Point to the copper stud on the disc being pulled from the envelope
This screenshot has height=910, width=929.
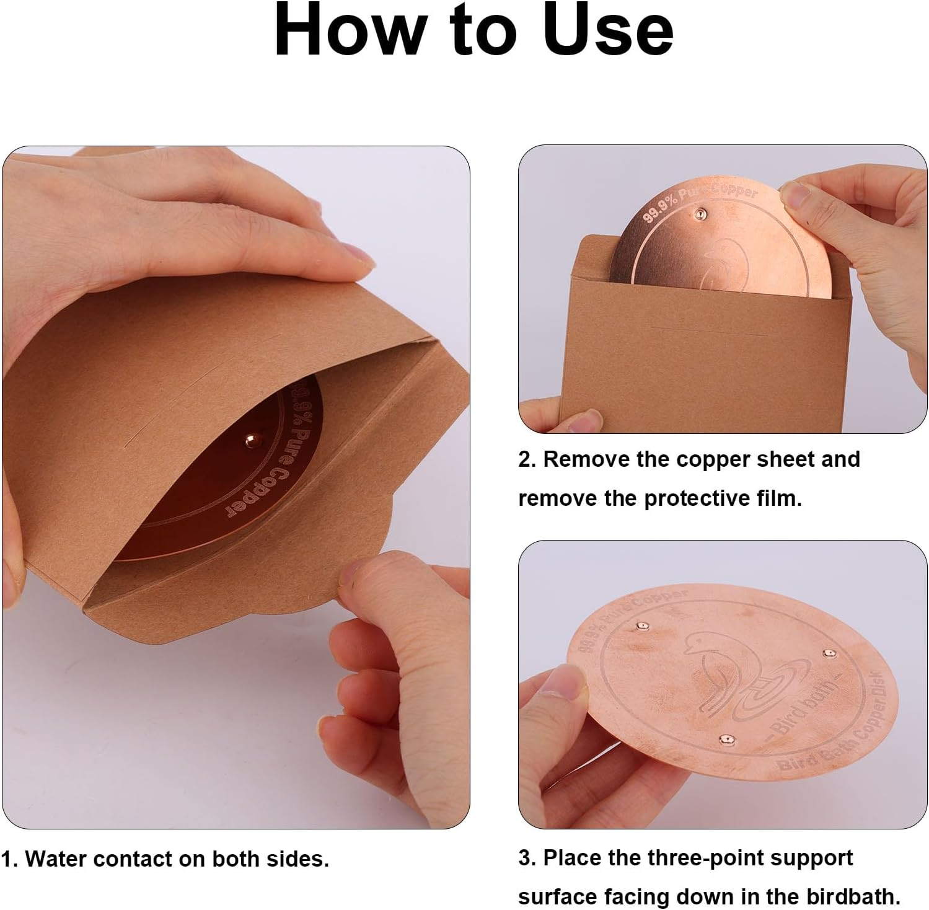(x=699, y=214)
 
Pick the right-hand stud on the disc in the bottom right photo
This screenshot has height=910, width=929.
(x=828, y=653)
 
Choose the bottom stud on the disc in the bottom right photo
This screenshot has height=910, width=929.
(x=724, y=738)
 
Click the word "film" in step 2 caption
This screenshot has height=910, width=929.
(x=780, y=498)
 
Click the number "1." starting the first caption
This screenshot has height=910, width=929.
(x=9, y=859)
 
